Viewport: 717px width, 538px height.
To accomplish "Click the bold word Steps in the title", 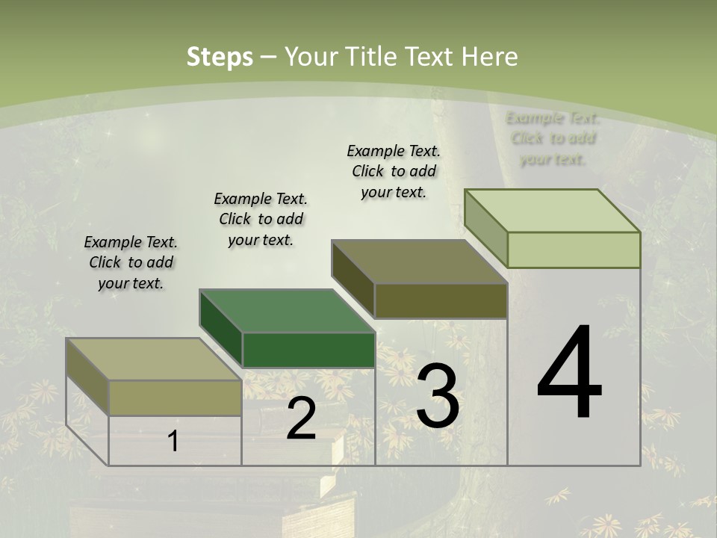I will click(220, 57).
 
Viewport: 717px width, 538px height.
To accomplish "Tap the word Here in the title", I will click(489, 57).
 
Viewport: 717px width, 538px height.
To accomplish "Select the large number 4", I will click(569, 374).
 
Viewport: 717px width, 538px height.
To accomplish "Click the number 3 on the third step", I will click(438, 397).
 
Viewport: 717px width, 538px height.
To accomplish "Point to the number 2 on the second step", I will click(301, 419).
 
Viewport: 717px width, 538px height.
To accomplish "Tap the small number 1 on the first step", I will click(173, 441).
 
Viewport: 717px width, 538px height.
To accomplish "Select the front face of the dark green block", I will click(308, 350).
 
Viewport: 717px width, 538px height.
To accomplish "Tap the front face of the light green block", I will click(574, 250).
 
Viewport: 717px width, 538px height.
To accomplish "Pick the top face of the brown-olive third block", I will click(420, 262).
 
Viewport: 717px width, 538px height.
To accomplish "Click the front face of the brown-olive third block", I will click(441, 301).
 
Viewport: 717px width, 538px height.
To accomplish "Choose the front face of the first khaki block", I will click(175, 398).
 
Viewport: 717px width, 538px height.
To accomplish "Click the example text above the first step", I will click(131, 263).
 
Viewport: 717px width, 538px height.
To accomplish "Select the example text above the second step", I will click(261, 219).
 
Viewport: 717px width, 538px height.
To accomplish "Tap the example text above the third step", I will click(394, 171).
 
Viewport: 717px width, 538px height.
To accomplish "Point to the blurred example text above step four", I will click(553, 138).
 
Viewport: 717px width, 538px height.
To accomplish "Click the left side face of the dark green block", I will click(221, 329).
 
